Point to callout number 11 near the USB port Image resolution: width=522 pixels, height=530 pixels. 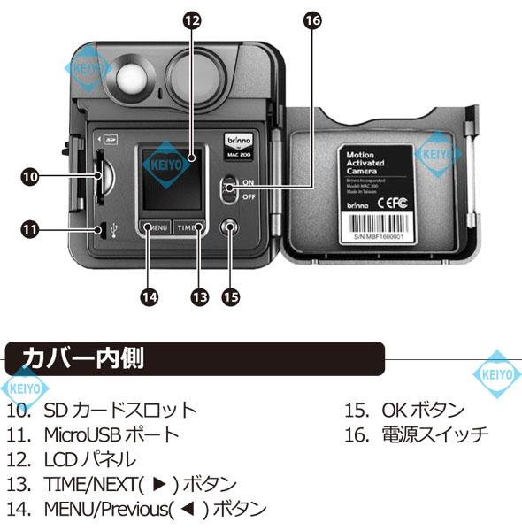coord(29,230)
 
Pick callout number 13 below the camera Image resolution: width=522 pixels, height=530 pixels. coord(199,298)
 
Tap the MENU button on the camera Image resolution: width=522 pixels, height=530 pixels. coord(154,227)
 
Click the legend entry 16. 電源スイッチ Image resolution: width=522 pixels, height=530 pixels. coord(417,434)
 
